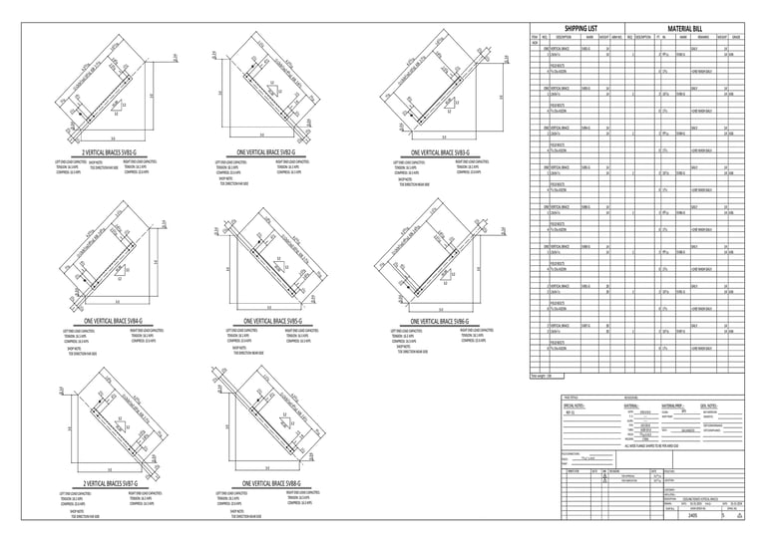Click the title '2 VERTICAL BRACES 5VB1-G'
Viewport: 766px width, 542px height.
tap(97, 151)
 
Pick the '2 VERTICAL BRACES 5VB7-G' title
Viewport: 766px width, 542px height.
tap(98, 483)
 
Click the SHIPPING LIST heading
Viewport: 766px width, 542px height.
tap(580, 30)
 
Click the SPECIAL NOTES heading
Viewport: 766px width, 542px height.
tap(578, 406)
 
